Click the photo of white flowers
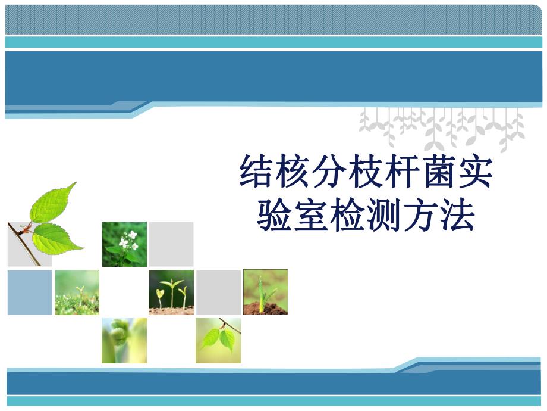124,244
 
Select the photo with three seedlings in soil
171,292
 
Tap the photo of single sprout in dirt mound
265,292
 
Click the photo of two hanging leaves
218,340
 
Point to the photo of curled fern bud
124,340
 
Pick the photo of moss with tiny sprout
77,292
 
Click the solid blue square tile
30,292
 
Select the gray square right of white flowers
171,244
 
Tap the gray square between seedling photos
218,292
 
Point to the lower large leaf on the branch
56,237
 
